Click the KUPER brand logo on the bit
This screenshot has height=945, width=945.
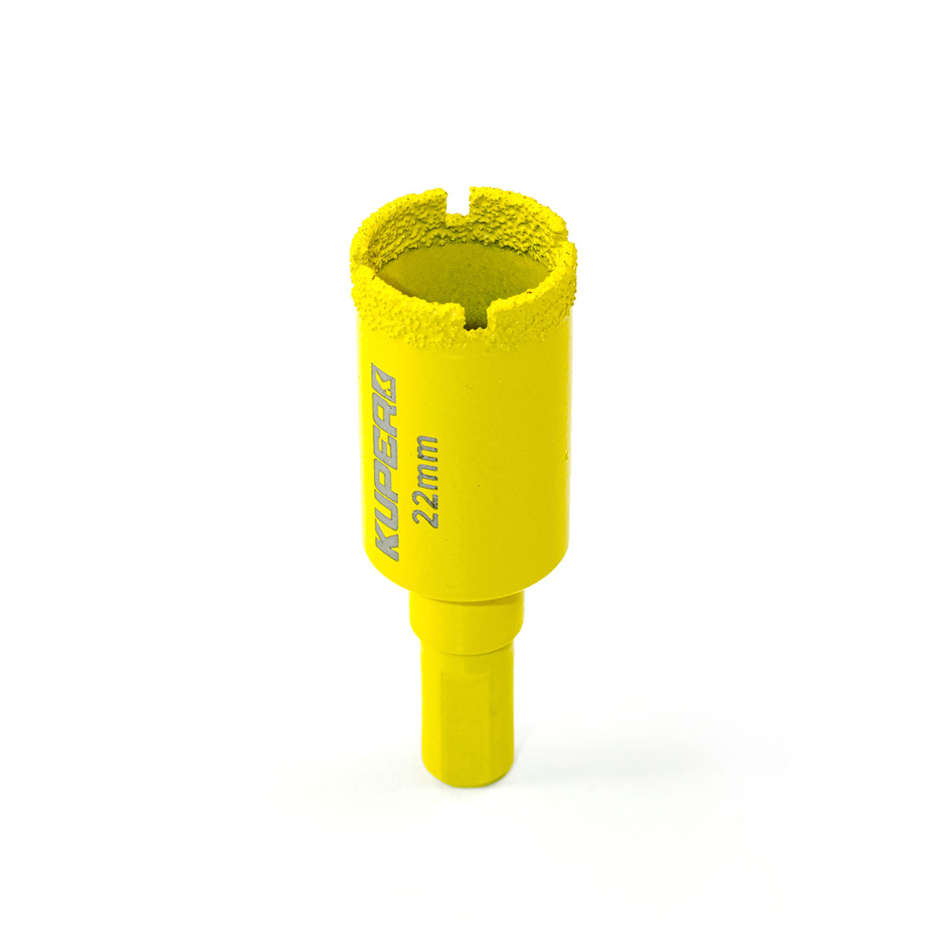pos(385,461)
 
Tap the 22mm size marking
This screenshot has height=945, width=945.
pos(425,481)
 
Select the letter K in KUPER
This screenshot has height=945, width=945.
pos(385,543)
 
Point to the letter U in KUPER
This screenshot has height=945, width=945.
pos(385,508)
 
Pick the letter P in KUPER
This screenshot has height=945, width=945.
pos(385,475)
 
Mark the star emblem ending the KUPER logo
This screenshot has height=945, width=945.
pos(385,378)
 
